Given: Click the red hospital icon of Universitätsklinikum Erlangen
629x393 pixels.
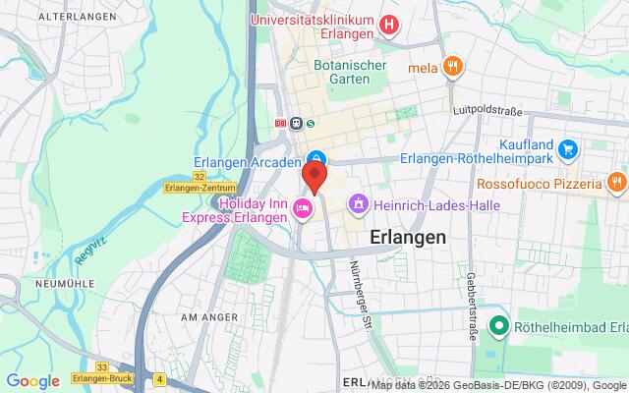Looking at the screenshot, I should coord(390,25).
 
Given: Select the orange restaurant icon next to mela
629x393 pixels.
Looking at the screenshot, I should coord(453,68).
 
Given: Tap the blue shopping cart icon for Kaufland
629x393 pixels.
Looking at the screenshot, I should coord(568,149).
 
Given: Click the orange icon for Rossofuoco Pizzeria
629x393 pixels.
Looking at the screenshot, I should coord(615,183).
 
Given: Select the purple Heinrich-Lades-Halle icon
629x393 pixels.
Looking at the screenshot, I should coord(359,203).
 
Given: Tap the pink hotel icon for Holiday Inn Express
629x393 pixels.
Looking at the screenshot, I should coord(304,206).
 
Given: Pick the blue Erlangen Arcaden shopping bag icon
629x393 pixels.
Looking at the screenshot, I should coord(316,159).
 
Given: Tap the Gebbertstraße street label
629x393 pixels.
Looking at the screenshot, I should coord(473,276).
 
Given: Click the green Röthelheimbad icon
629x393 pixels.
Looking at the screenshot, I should coord(499,326).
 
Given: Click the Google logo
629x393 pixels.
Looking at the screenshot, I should coord(33,381).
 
